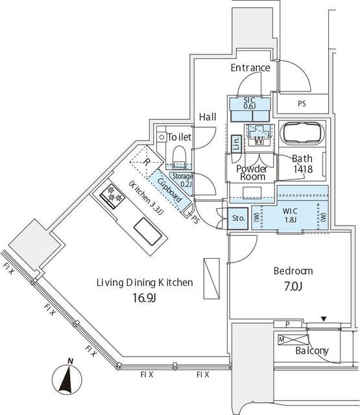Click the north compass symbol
coord(67,378)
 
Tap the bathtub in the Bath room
coord(302,133)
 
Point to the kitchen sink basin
coord(148,232)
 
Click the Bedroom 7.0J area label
coord(293,279)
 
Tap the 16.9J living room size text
coord(144,298)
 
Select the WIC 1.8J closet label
coord(290,215)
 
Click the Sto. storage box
coord(238,219)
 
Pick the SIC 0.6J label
coord(249,103)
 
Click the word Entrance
coord(250,67)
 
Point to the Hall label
coord(208,117)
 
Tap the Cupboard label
coord(170,190)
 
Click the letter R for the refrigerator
coord(146,162)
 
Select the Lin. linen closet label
coord(236,144)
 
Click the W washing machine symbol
coord(259,140)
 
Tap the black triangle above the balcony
coord(323,319)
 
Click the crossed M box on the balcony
coord(293,340)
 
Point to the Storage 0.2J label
coord(182,180)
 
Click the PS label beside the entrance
coord(302,104)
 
